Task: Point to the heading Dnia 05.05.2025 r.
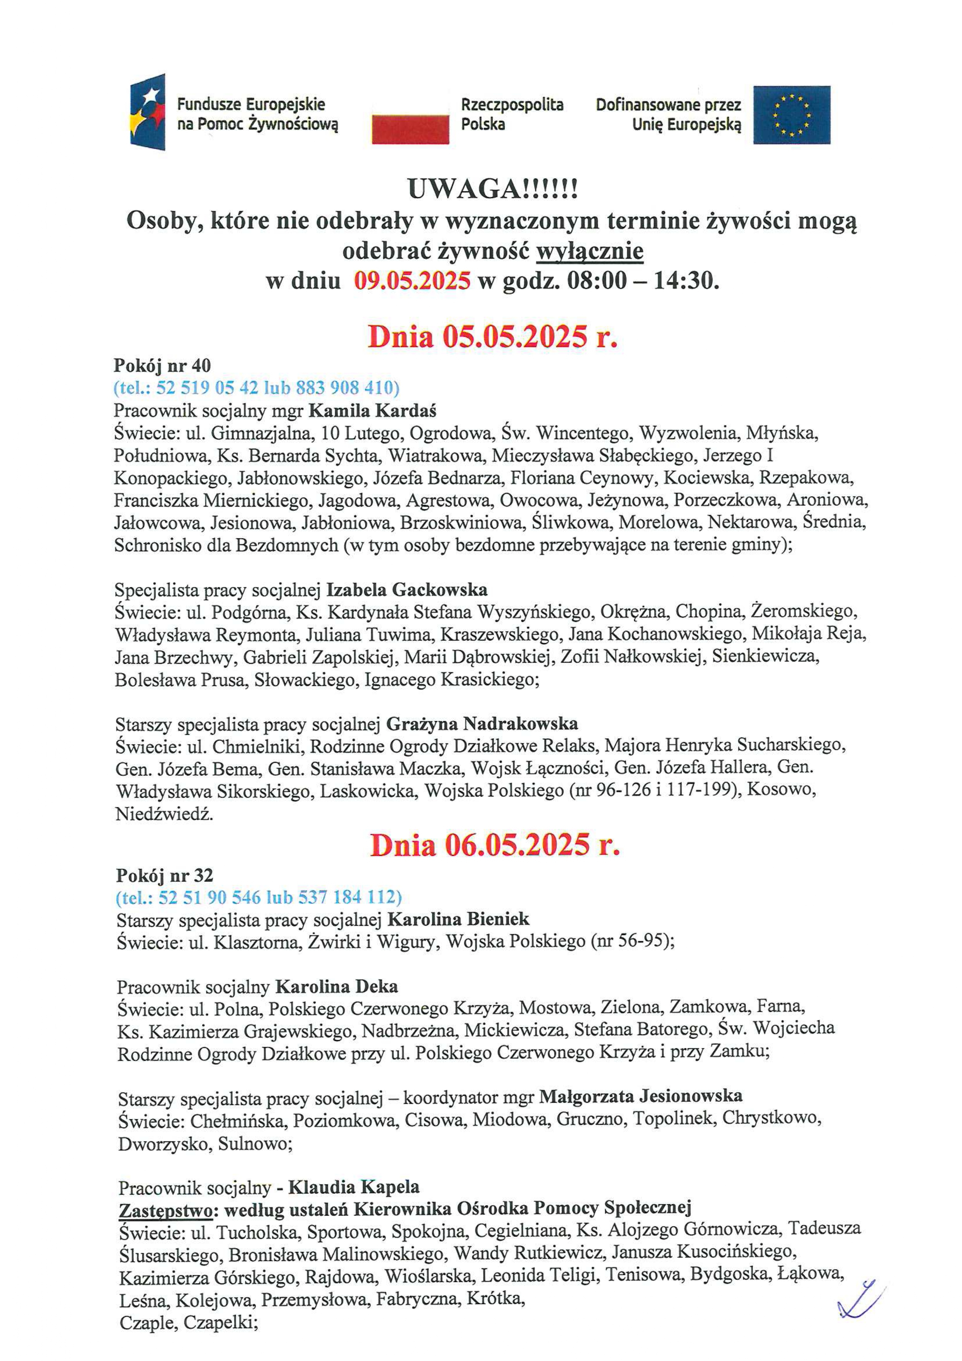point(493,337)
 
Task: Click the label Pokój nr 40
point(162,365)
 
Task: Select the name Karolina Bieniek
point(458,919)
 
